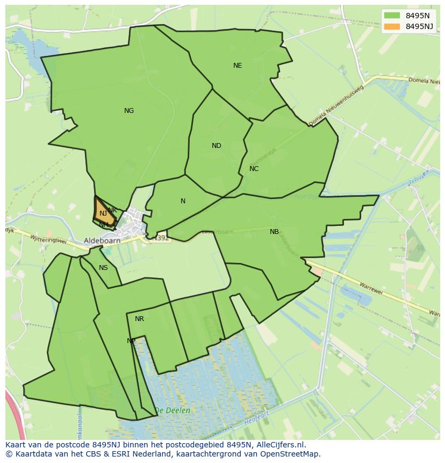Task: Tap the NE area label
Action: (238, 66)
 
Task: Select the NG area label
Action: (129, 111)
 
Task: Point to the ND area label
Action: (217, 146)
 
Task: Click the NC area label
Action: (254, 169)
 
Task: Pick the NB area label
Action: (274, 232)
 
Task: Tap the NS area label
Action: (103, 268)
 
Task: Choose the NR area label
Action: (139, 319)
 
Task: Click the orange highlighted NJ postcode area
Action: (104, 213)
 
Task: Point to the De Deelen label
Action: (173, 410)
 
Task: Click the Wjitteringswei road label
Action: (48, 239)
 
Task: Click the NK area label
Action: (112, 210)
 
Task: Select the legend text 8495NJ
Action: (419, 26)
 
